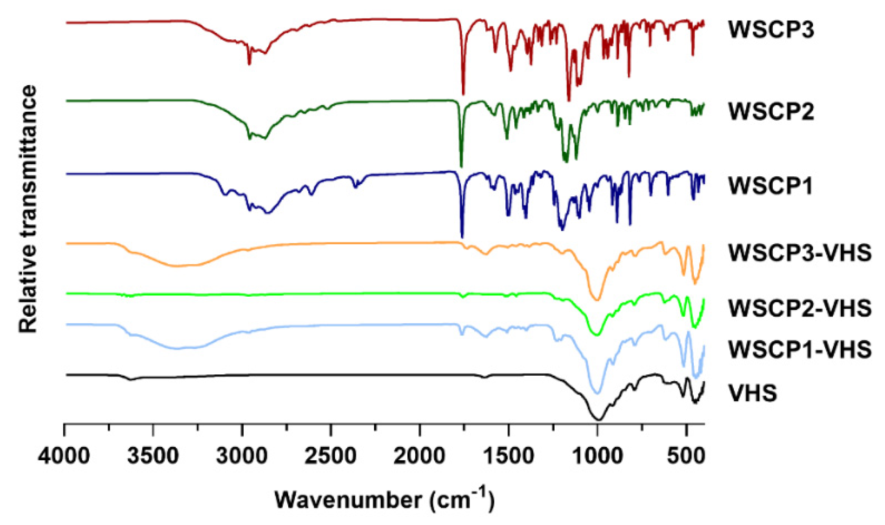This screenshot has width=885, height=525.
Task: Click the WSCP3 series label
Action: coord(771,30)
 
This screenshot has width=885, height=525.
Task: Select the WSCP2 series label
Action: coord(771,111)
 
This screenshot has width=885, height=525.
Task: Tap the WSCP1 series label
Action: coord(770,186)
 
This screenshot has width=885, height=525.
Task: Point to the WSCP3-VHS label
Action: coord(800,253)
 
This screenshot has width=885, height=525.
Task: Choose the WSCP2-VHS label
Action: coord(800,308)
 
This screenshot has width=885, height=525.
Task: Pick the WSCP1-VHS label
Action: coord(800,349)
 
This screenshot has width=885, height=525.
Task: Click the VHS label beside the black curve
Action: coord(752,393)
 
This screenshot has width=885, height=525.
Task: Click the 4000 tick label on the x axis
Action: coord(64,455)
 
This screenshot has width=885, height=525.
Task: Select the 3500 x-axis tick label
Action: coord(153,455)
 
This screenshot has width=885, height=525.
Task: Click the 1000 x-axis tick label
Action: coord(598,455)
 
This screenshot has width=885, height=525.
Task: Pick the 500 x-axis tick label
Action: coord(686,455)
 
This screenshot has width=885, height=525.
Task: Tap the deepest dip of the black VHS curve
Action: coord(598,419)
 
